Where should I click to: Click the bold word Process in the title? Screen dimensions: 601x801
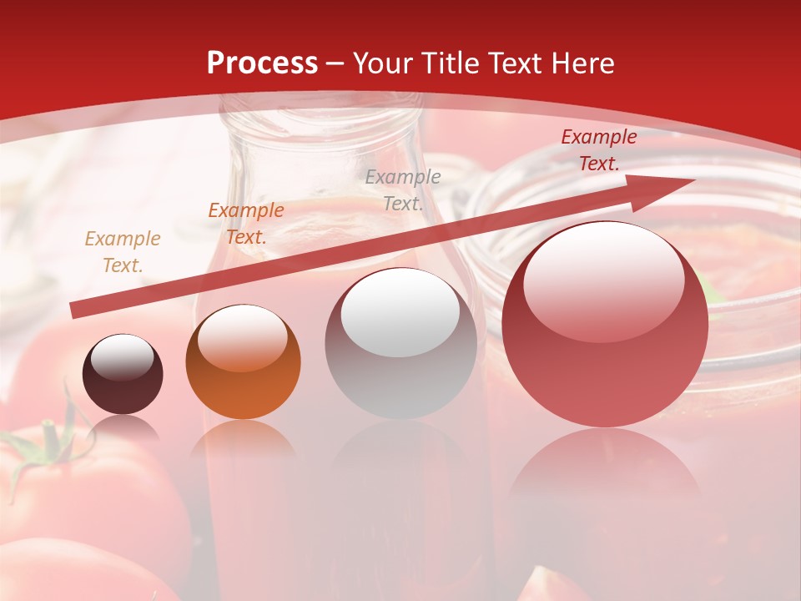[262, 63]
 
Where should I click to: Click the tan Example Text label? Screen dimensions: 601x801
[123, 251]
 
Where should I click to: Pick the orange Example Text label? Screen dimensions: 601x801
[245, 223]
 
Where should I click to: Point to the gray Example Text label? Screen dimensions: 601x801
[403, 189]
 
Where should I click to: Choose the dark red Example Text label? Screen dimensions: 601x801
[598, 150]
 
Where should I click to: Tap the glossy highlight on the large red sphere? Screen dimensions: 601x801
[603, 280]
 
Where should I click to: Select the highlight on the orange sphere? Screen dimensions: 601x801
[243, 336]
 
